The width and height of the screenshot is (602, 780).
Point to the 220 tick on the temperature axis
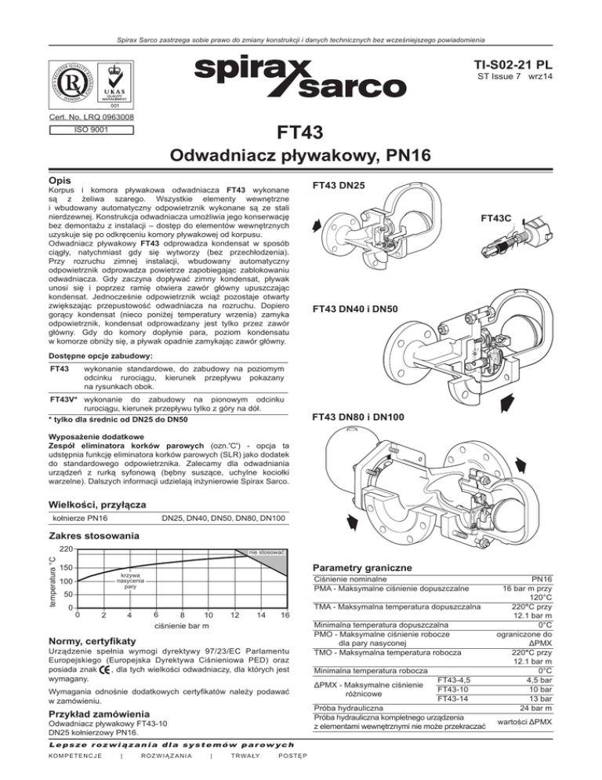click(x=66, y=549)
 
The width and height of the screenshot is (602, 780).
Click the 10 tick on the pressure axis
click(x=208, y=614)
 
